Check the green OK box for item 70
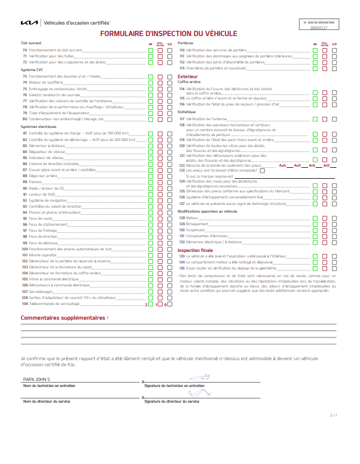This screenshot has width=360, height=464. tap(150, 50)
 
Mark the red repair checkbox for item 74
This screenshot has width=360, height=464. tap(160, 83)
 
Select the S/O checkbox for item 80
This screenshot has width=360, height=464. tap(170, 119)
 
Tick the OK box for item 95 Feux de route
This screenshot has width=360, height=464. tap(150, 218)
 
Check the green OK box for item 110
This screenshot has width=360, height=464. tap(315, 50)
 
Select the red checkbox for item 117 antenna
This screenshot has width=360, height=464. tap(324, 119)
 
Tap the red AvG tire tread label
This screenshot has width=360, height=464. tap(282, 165)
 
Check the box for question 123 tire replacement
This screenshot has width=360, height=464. tap(263, 171)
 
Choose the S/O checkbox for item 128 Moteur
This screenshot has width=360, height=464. tap(334, 218)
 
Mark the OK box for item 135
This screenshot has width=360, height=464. tap(315, 268)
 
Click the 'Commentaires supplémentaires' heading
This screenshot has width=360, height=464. tap(64, 317)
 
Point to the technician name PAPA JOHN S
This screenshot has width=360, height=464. tap(37, 379)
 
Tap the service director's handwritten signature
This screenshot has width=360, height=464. tap(200, 393)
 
